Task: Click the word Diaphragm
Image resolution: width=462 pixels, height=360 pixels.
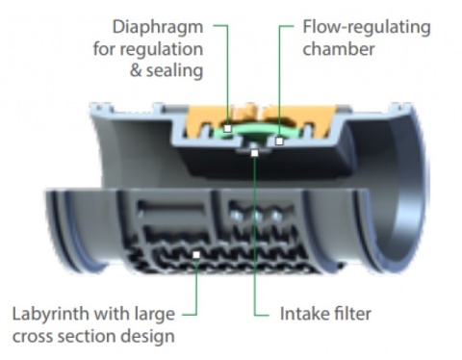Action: coord(158,28)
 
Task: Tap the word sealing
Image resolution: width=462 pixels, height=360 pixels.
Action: coord(175,70)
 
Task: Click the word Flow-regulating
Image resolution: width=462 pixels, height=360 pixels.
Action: coord(367,28)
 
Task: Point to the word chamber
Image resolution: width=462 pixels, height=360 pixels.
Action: coord(339,49)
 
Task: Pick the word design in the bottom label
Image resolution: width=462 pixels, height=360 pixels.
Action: coord(151,337)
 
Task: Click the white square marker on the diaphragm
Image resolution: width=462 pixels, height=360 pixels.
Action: coord(227,128)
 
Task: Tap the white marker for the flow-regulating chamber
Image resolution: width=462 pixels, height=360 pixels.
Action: coord(279,141)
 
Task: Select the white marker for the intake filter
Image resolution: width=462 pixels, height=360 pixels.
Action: coord(254,153)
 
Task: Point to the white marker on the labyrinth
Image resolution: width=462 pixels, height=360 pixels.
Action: coord(196,255)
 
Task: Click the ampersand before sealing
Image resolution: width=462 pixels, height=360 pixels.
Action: coord(136,71)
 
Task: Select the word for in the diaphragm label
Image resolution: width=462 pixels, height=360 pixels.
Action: coord(105,49)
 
